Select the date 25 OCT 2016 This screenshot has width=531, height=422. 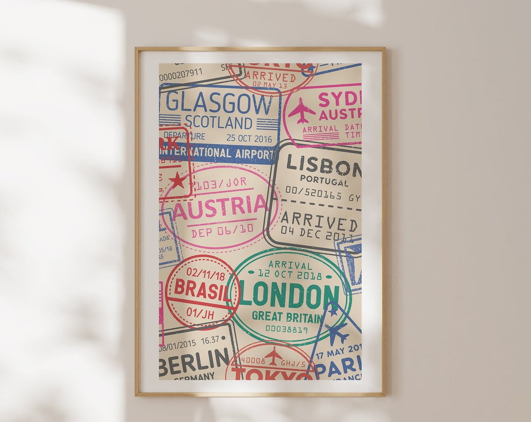(248, 138)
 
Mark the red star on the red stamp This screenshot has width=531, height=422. (177, 180)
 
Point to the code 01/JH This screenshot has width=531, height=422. (200, 308)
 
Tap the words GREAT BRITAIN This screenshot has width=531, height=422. (287, 317)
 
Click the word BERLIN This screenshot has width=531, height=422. (194, 360)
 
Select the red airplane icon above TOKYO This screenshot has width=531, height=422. (273, 355)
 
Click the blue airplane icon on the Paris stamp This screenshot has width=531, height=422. (336, 332)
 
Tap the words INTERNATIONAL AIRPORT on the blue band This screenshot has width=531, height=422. (216, 153)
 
